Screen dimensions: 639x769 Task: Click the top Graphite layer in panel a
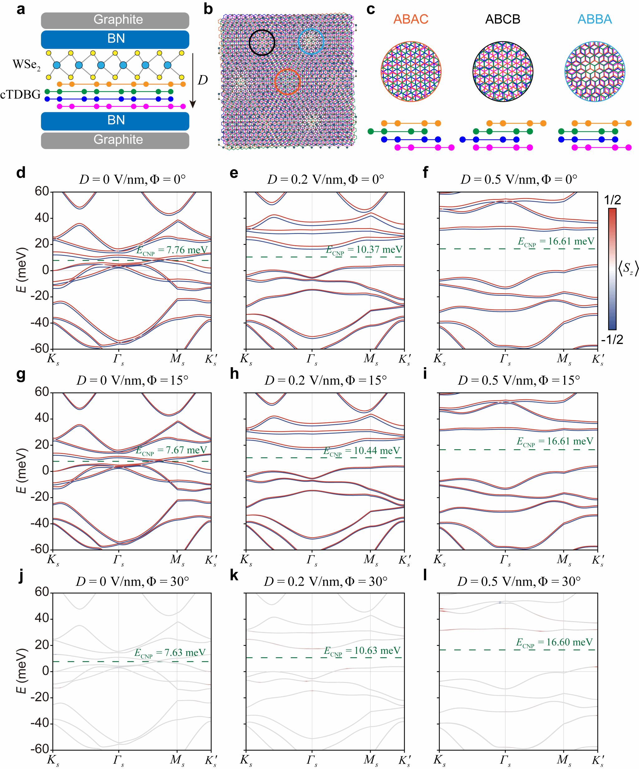click(115, 21)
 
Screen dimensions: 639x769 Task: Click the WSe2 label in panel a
click(27, 65)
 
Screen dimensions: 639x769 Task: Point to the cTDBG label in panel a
click(21, 95)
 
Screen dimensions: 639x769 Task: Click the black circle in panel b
click(262, 42)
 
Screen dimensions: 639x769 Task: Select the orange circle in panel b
click(287, 82)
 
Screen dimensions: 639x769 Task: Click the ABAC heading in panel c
click(411, 19)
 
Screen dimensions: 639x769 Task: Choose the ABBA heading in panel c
click(595, 19)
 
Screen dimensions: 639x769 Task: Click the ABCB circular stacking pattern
click(503, 71)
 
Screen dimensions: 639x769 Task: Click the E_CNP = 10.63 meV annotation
click(362, 651)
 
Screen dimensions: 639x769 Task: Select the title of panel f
click(519, 179)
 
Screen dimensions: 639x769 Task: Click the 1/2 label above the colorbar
click(612, 200)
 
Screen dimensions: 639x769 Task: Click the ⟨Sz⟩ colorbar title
click(628, 269)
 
